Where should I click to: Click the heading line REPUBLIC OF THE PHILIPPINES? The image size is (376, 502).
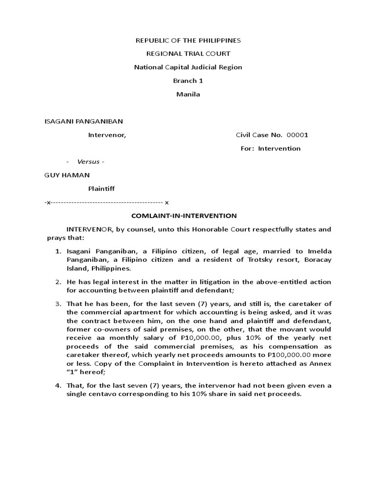click(188, 40)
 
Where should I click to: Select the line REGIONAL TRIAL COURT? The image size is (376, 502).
click(188, 53)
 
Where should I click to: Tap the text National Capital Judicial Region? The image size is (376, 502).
click(188, 67)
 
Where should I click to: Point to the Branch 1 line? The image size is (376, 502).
click(188, 80)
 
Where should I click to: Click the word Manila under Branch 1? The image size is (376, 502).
click(188, 94)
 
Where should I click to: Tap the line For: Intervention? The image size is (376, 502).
click(271, 149)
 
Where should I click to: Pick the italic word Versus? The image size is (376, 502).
click(87, 162)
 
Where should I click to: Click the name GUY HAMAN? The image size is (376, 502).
click(67, 175)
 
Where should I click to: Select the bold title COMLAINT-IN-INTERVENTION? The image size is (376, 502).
click(186, 215)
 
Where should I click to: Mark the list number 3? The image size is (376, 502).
click(57, 304)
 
